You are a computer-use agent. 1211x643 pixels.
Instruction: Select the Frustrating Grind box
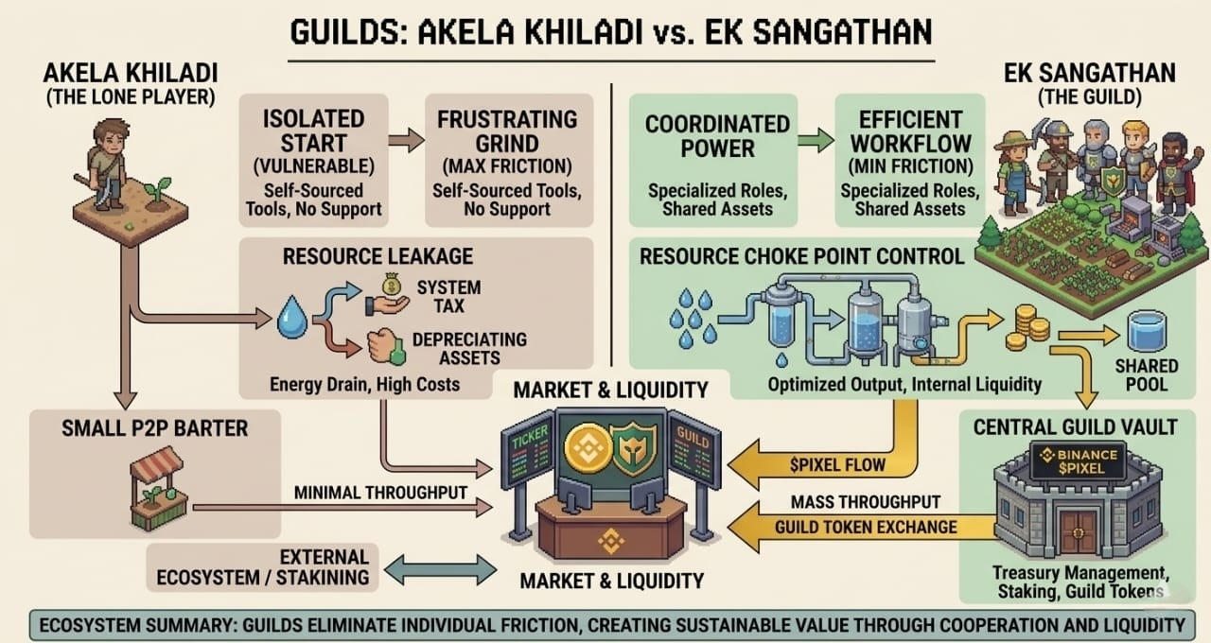pyautogui.click(x=506, y=160)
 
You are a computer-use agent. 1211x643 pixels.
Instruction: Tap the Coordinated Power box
pyautogui.click(x=717, y=160)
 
